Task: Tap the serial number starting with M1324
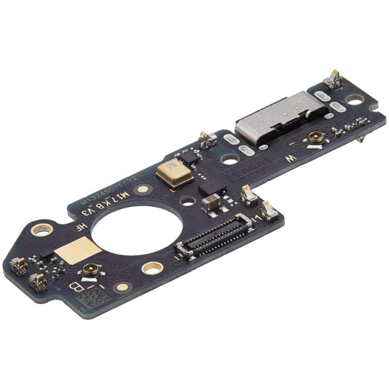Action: point(111,188)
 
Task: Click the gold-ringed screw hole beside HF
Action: point(42,228)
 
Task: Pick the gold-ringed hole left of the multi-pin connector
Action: point(152,268)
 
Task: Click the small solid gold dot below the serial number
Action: point(143,189)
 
